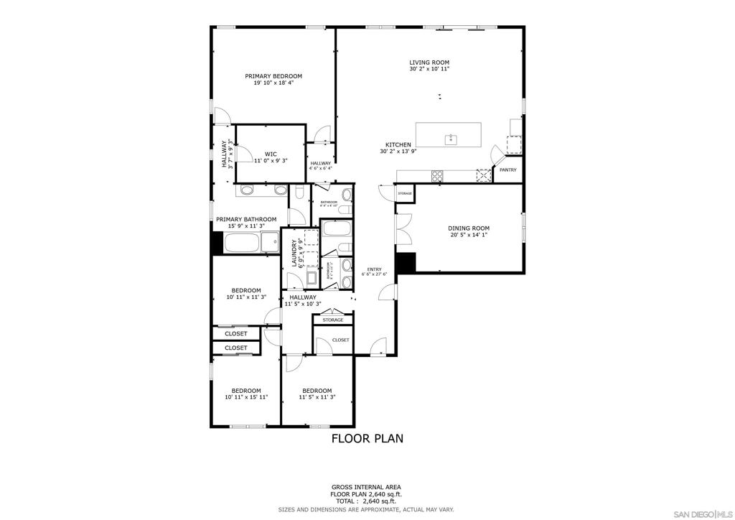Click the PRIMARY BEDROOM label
273,76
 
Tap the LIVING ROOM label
429,62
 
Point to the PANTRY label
508,170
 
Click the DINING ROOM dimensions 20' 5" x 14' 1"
469,235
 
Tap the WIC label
271,154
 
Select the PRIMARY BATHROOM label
246,219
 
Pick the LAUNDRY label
294,252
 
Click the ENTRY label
375,269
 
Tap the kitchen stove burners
437,175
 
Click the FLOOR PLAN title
367,437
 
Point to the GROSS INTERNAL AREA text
367,486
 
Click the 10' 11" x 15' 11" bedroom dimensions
246,396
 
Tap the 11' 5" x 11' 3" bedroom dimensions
317,396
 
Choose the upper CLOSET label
236,333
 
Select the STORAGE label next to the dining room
405,194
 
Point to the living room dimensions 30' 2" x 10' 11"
429,70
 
